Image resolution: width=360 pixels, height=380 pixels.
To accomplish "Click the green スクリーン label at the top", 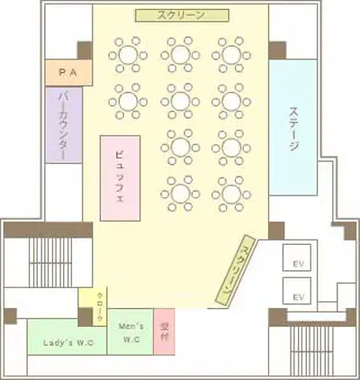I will [181, 15].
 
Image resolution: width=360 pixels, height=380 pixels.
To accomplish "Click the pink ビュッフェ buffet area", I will [122, 178].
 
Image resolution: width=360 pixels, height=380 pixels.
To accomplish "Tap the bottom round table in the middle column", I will [181, 192].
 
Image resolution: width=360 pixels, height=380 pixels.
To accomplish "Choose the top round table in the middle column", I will [181, 55].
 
